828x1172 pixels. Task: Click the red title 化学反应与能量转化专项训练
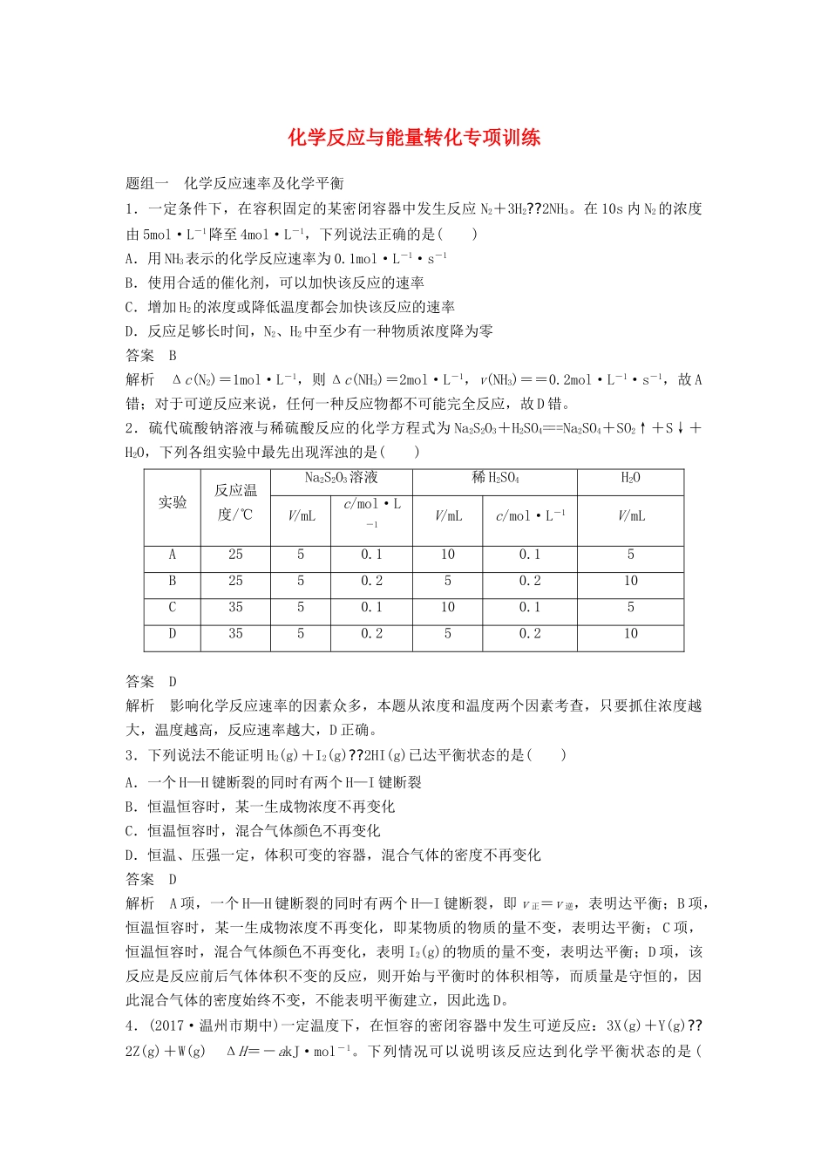coord(414,137)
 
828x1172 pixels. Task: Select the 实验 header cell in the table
coord(173,502)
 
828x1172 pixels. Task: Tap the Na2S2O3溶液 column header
coord(341,478)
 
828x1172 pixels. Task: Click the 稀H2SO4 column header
coord(495,478)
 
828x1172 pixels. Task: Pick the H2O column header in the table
coord(630,478)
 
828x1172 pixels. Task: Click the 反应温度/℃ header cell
coord(235,502)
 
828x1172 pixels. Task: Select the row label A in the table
coord(173,555)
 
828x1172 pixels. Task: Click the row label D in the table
coord(173,634)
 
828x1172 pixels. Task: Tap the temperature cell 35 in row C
coord(235,608)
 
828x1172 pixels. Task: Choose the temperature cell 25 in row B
coord(235,581)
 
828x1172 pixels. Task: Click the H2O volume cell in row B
coord(630,581)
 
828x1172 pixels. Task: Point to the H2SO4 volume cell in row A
coord(447,555)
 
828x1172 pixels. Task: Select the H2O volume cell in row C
coord(630,608)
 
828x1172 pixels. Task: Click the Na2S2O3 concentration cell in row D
coord(371,634)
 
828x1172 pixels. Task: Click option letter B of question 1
coord(131,283)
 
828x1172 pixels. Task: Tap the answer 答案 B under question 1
coord(152,355)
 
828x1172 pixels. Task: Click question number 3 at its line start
coord(131,755)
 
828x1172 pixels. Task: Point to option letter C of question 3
coord(131,831)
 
